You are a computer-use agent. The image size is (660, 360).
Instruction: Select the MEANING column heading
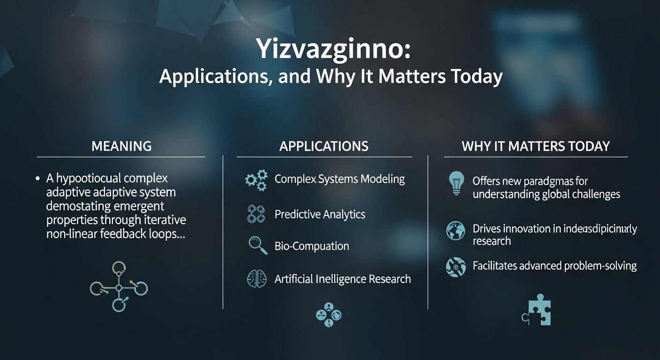click(x=121, y=146)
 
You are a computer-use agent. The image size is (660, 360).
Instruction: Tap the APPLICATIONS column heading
click(x=324, y=146)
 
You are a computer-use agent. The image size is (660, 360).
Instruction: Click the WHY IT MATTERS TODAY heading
click(x=536, y=146)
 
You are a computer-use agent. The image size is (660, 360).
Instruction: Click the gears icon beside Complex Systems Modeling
click(x=256, y=180)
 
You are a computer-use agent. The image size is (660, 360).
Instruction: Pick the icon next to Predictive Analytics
click(x=256, y=214)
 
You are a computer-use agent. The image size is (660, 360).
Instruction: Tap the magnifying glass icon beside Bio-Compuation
click(x=257, y=246)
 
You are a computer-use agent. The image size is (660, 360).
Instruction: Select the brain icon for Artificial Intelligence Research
click(x=256, y=278)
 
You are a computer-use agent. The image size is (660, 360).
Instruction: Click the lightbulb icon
click(x=456, y=183)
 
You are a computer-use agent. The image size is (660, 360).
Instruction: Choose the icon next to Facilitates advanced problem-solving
click(x=456, y=266)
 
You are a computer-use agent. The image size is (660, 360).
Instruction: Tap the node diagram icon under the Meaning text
click(x=119, y=286)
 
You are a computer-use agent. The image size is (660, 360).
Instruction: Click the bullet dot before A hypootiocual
click(x=37, y=179)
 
